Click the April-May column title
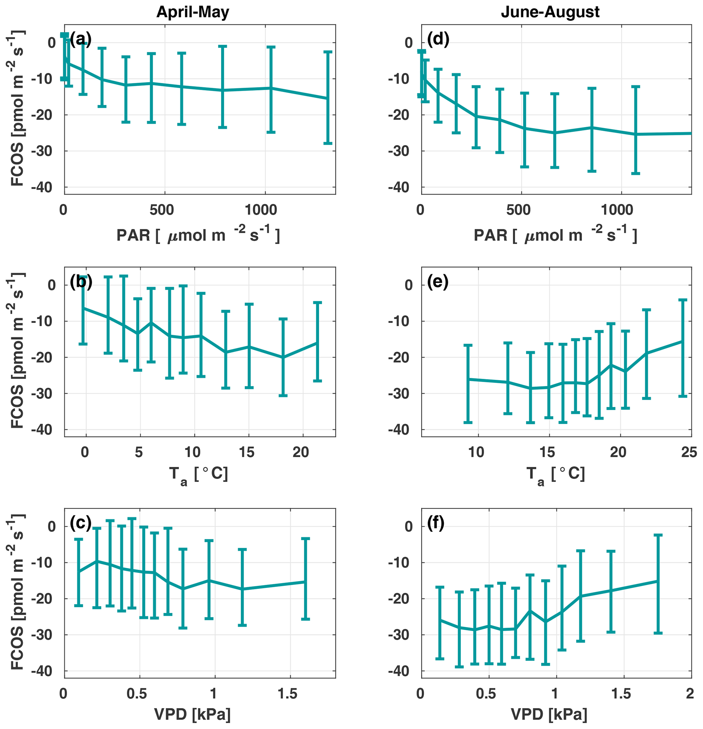(x=193, y=12)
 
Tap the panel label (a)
(x=81, y=39)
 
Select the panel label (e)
(x=438, y=282)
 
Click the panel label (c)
(x=81, y=524)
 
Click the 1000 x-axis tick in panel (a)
(x=261, y=210)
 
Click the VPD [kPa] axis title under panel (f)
(x=549, y=714)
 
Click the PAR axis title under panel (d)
(x=555, y=235)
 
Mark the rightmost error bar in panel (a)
(x=327, y=98)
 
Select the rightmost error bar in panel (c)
(x=305, y=579)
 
